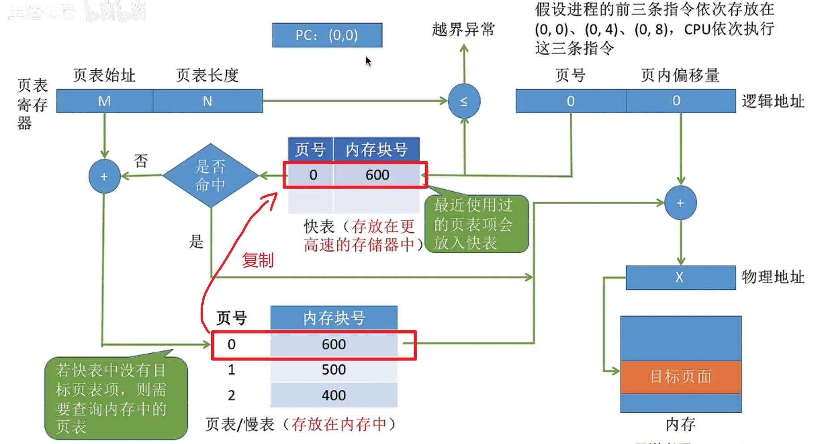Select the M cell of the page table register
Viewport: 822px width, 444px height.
coord(105,101)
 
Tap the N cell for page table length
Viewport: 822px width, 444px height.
coord(208,101)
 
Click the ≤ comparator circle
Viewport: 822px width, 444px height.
coord(464,101)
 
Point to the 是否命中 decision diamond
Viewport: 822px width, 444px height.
coord(210,175)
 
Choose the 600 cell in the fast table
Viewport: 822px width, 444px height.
coord(377,175)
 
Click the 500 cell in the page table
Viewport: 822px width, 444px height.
coord(334,370)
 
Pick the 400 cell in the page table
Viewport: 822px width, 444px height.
coord(334,395)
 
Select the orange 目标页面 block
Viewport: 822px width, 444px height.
coord(681,377)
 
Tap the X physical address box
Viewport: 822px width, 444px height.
coord(680,277)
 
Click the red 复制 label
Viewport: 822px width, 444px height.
coord(258,260)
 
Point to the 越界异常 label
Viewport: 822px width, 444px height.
coord(464,30)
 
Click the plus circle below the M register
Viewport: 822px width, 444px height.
coord(104,176)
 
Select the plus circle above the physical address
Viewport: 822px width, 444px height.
coord(680,203)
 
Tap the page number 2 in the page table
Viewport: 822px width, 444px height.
coord(231,395)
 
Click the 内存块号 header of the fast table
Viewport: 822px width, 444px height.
coord(376,149)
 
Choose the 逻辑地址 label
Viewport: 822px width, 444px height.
coord(773,101)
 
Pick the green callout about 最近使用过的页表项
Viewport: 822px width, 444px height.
coord(476,224)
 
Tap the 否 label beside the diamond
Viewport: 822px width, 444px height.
coord(141,161)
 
